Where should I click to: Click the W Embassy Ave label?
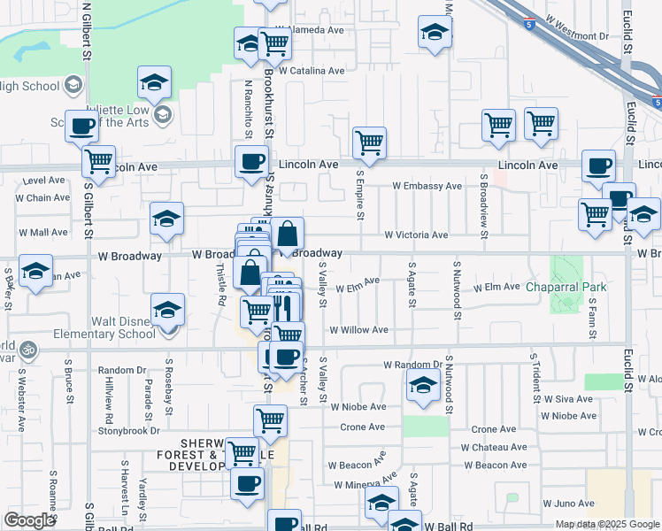click(427, 186)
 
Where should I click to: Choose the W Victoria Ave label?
click(415, 235)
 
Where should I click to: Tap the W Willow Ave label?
click(358, 330)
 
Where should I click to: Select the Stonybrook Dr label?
click(129, 431)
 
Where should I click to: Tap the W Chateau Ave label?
click(495, 448)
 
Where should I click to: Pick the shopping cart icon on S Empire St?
click(369, 141)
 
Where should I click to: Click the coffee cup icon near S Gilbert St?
click(81, 126)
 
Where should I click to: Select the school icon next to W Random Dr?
click(423, 385)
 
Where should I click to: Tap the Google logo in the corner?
click(28, 520)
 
